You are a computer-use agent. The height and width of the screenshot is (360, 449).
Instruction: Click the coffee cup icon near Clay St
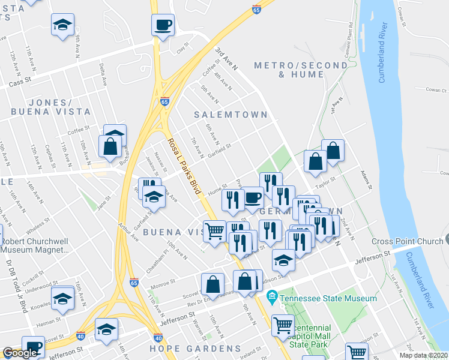pos(163,25)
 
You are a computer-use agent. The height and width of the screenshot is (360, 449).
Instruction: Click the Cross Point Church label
pos(407,241)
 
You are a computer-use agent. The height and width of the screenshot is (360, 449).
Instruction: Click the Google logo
pos(19,353)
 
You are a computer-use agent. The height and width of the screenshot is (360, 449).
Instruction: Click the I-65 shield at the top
pos(256,10)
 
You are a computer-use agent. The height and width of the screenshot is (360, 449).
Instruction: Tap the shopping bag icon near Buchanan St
pos(110,146)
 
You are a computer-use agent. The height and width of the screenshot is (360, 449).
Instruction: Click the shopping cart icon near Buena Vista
pos(214,230)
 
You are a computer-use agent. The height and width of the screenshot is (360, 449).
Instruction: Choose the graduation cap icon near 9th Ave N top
pos(62,25)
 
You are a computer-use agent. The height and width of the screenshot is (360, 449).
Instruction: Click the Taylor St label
pos(325,182)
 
